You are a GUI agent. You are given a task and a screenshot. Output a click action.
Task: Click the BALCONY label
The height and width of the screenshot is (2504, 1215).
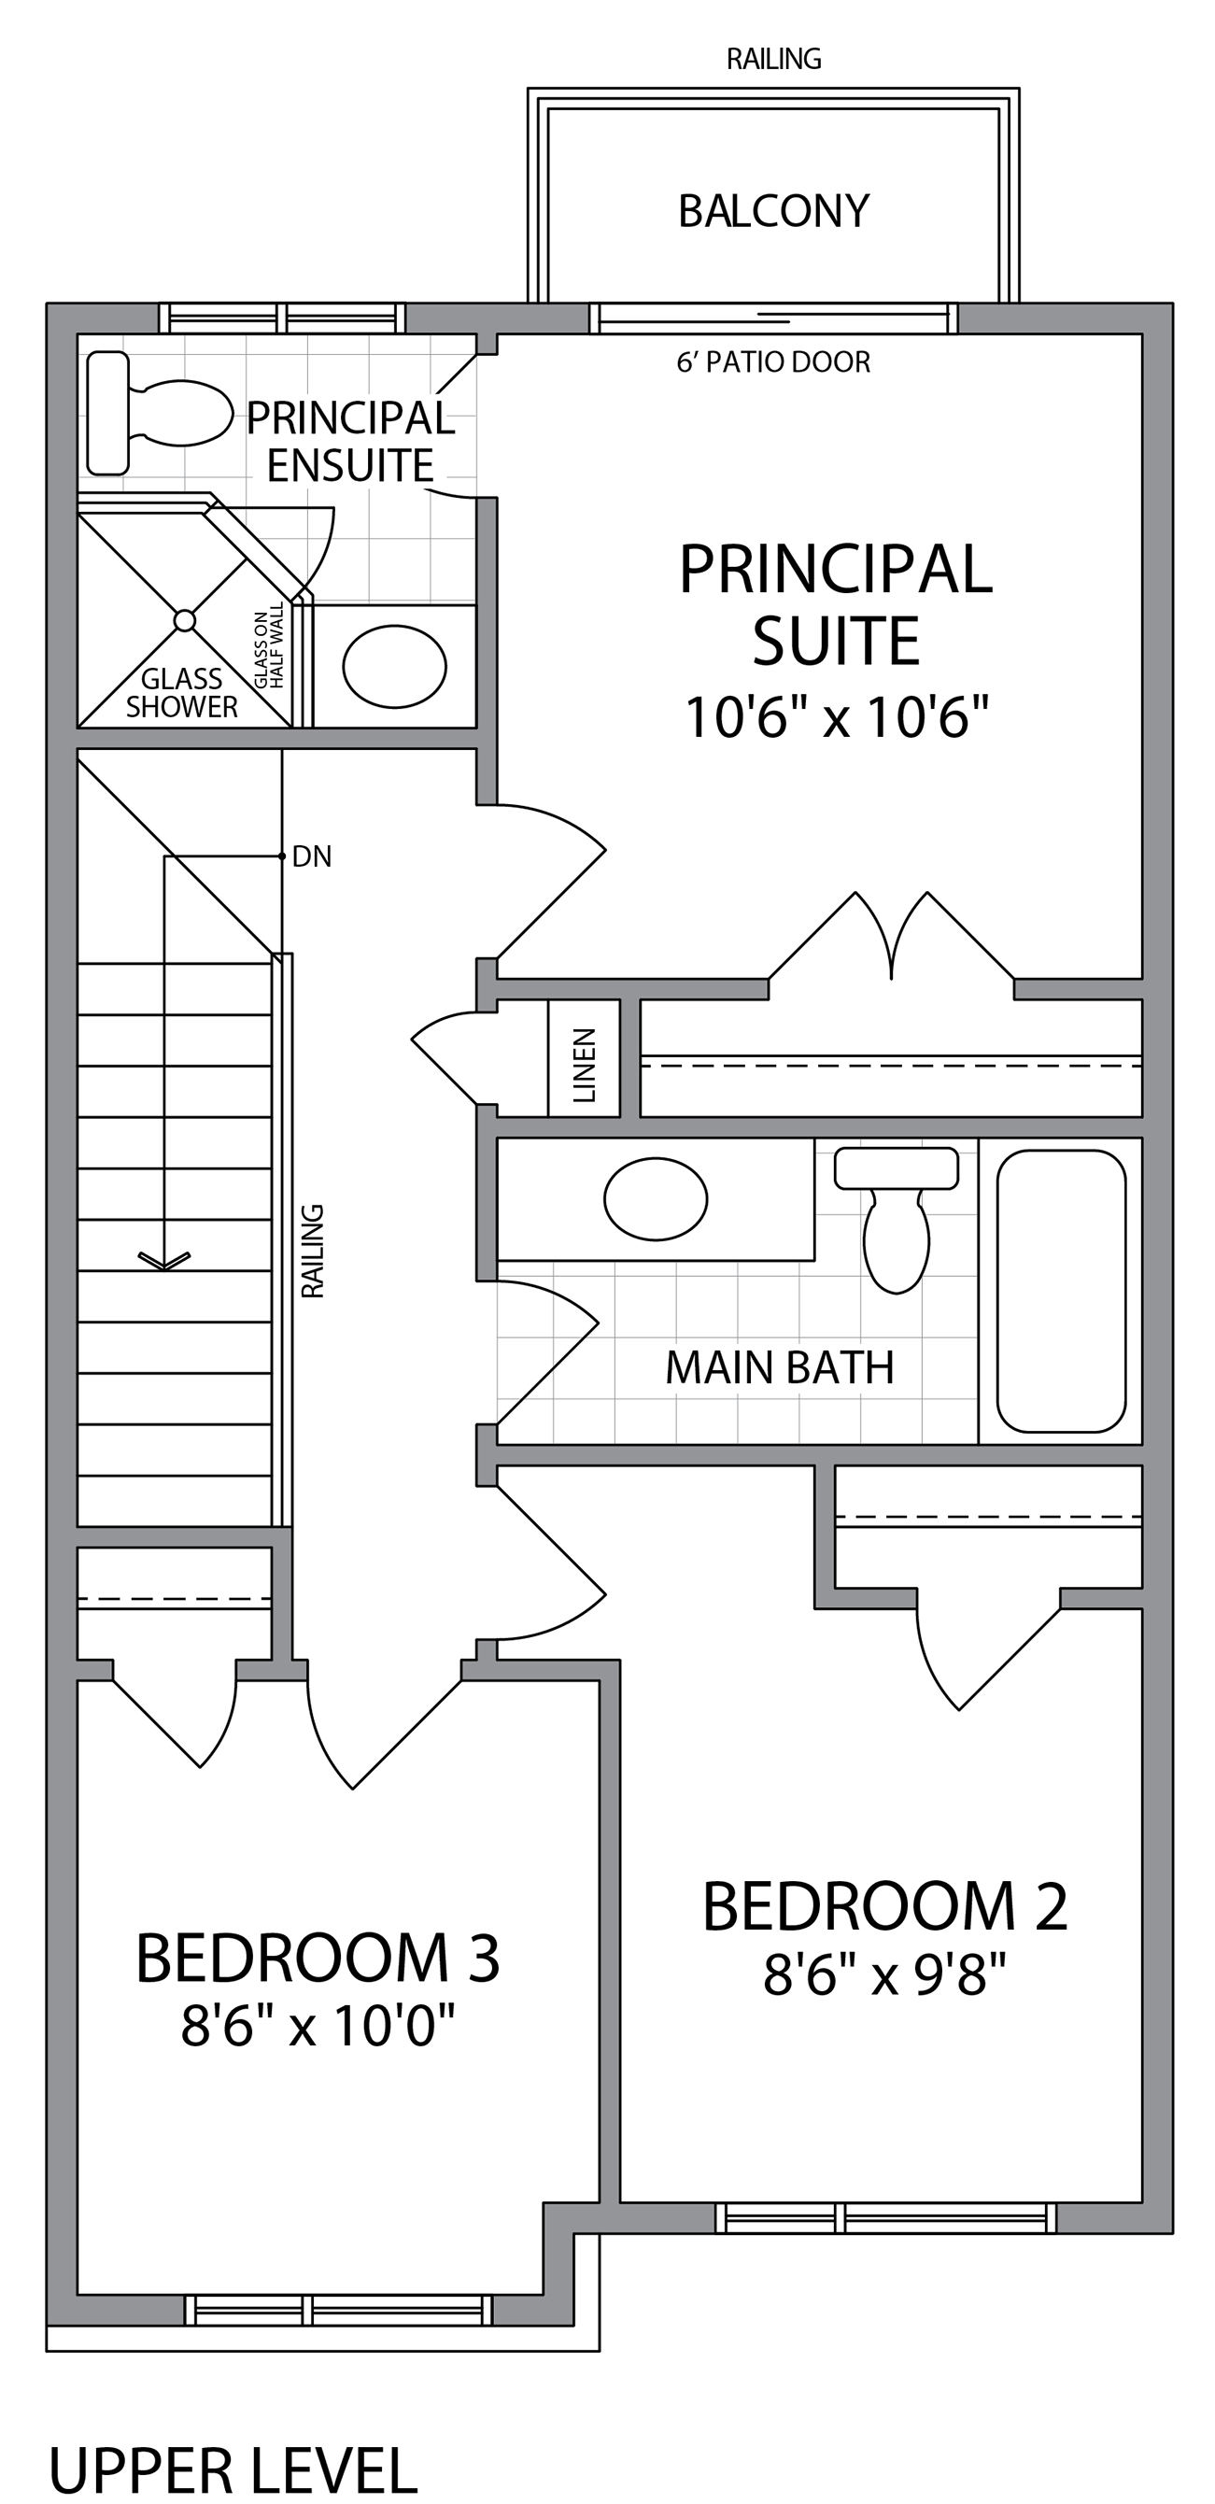[x=773, y=211]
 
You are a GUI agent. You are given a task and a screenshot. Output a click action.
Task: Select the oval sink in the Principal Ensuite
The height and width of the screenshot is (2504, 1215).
[x=395, y=667]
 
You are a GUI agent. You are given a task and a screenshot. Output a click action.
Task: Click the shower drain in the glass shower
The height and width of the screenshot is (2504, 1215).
[x=185, y=620]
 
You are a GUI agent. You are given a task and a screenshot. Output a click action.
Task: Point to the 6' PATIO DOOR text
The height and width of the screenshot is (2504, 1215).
[x=773, y=361]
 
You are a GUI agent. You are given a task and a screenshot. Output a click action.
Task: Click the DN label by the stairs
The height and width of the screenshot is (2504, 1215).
[x=312, y=856]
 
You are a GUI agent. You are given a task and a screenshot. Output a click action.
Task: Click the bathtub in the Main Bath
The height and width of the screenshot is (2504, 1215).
[x=1062, y=1291]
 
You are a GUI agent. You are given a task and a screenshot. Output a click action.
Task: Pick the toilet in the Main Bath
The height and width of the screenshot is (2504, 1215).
[x=897, y=1220]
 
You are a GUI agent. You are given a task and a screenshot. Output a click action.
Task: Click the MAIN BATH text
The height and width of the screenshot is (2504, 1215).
[x=780, y=1367]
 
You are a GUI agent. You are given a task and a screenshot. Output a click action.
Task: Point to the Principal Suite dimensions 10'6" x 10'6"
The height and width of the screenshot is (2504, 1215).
[x=837, y=717]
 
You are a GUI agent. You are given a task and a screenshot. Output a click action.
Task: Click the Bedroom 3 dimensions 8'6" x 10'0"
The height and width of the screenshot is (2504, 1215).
[x=318, y=2027]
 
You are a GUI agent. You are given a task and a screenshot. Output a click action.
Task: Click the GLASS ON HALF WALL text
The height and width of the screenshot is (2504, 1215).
[x=269, y=645]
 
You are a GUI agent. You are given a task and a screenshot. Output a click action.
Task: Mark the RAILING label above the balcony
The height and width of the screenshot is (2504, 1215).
[x=773, y=59]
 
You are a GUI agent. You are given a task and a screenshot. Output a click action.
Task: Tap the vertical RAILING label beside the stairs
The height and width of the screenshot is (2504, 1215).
[x=312, y=1251]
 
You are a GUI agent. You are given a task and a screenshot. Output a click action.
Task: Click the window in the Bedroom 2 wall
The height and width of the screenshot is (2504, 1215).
[x=886, y=2218]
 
